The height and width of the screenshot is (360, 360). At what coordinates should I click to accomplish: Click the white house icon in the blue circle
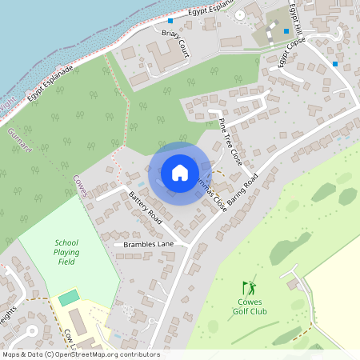pos(180,173)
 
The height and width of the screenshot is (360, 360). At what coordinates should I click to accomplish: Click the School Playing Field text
pos(67,252)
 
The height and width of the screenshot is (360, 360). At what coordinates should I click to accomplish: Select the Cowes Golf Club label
pos(250,306)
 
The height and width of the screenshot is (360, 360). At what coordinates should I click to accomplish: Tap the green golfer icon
pos(250,287)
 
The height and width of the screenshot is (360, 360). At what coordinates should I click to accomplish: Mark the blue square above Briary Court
pos(170,21)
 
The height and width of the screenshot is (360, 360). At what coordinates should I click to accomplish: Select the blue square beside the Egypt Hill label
pos(286,31)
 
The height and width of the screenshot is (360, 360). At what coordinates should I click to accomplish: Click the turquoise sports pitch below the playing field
pos(69,298)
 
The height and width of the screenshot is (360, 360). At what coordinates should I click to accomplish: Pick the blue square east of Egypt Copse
pos(335,63)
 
